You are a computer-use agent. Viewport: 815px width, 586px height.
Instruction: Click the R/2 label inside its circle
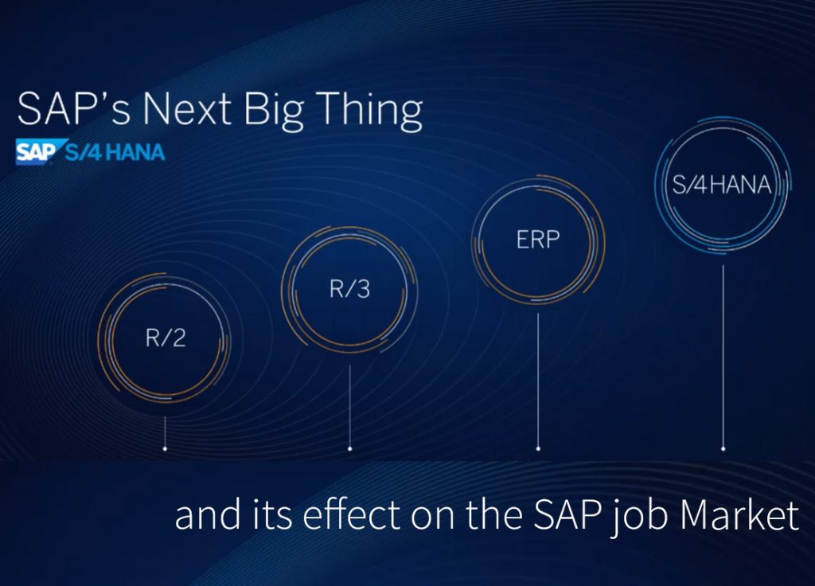coord(165,338)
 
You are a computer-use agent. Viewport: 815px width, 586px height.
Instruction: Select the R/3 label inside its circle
coord(350,288)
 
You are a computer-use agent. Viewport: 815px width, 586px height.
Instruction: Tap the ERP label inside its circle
coord(538,239)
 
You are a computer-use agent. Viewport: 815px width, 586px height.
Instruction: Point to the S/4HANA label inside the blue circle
coord(722,186)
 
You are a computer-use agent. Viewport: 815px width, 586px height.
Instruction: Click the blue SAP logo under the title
coord(36,151)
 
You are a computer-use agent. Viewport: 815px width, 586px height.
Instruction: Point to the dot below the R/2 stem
coord(165,449)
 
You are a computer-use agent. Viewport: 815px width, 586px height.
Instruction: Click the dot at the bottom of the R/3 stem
coord(350,449)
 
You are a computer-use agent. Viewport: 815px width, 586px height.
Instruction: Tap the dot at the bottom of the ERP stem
coord(538,449)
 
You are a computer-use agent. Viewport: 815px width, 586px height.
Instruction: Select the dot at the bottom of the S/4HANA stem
coord(723,449)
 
